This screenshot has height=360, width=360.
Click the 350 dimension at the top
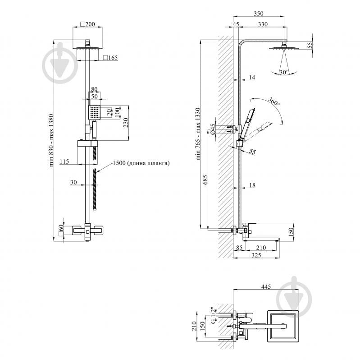click(x=258, y=14)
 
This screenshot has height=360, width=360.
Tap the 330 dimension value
click(x=263, y=24)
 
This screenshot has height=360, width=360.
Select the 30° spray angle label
click(x=284, y=72)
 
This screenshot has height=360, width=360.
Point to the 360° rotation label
click(x=274, y=102)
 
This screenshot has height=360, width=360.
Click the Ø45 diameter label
click(x=213, y=129)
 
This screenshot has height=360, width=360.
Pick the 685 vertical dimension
click(x=205, y=180)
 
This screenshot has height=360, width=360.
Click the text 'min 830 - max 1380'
click(x=51, y=140)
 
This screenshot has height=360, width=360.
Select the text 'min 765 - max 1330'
click(x=198, y=134)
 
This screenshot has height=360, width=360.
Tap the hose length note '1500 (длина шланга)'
click(x=141, y=163)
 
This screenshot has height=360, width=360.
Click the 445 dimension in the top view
click(x=266, y=286)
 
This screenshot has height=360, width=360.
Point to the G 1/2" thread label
click(x=213, y=315)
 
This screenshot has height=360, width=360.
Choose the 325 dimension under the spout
click(x=256, y=255)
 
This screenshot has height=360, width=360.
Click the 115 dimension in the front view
click(x=64, y=162)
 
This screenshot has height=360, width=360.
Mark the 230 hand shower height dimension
click(x=126, y=123)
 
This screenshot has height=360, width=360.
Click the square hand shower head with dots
click(x=94, y=112)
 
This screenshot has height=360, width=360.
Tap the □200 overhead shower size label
click(x=87, y=24)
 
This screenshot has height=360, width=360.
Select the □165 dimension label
click(x=110, y=58)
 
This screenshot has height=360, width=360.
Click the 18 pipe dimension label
click(x=252, y=185)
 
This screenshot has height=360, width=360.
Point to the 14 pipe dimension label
click(x=252, y=77)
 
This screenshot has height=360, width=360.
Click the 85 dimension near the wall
click(x=239, y=248)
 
